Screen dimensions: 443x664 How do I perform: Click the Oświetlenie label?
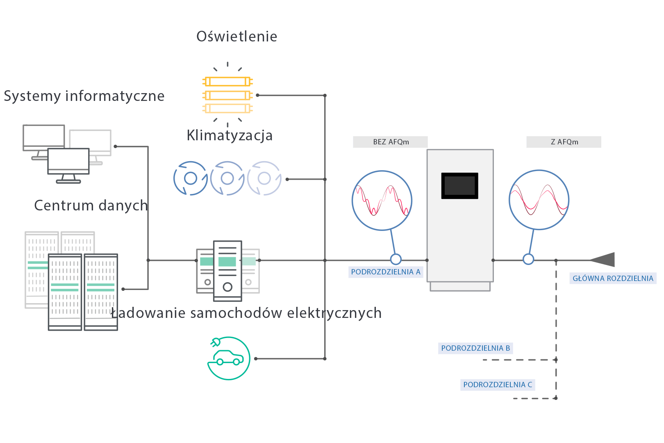[237, 37]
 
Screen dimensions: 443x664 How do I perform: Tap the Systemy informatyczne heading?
[84, 96]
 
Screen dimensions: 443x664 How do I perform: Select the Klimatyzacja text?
[230, 135]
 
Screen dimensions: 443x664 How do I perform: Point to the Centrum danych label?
[91, 205]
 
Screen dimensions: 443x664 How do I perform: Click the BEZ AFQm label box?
[390, 142]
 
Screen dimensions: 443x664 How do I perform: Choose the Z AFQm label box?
[564, 142]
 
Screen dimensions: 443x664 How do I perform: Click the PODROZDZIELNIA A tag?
[386, 272]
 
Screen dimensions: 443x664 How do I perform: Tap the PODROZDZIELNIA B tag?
[475, 348]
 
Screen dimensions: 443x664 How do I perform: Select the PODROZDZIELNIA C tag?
[498, 385]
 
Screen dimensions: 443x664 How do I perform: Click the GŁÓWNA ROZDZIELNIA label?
[613, 279]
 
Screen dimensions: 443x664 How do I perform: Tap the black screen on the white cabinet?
[459, 186]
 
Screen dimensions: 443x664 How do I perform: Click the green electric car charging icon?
[229, 358]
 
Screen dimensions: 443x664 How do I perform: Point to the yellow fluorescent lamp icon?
[227, 95]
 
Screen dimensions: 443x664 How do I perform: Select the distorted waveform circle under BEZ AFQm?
[382, 200]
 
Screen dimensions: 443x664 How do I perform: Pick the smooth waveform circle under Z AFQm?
[539, 200]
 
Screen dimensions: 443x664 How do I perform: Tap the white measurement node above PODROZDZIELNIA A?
[396, 259]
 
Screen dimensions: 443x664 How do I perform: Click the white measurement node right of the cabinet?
[528, 259]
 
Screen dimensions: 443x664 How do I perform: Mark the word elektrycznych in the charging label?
[334, 313]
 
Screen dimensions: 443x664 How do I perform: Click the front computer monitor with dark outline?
[68, 162]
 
